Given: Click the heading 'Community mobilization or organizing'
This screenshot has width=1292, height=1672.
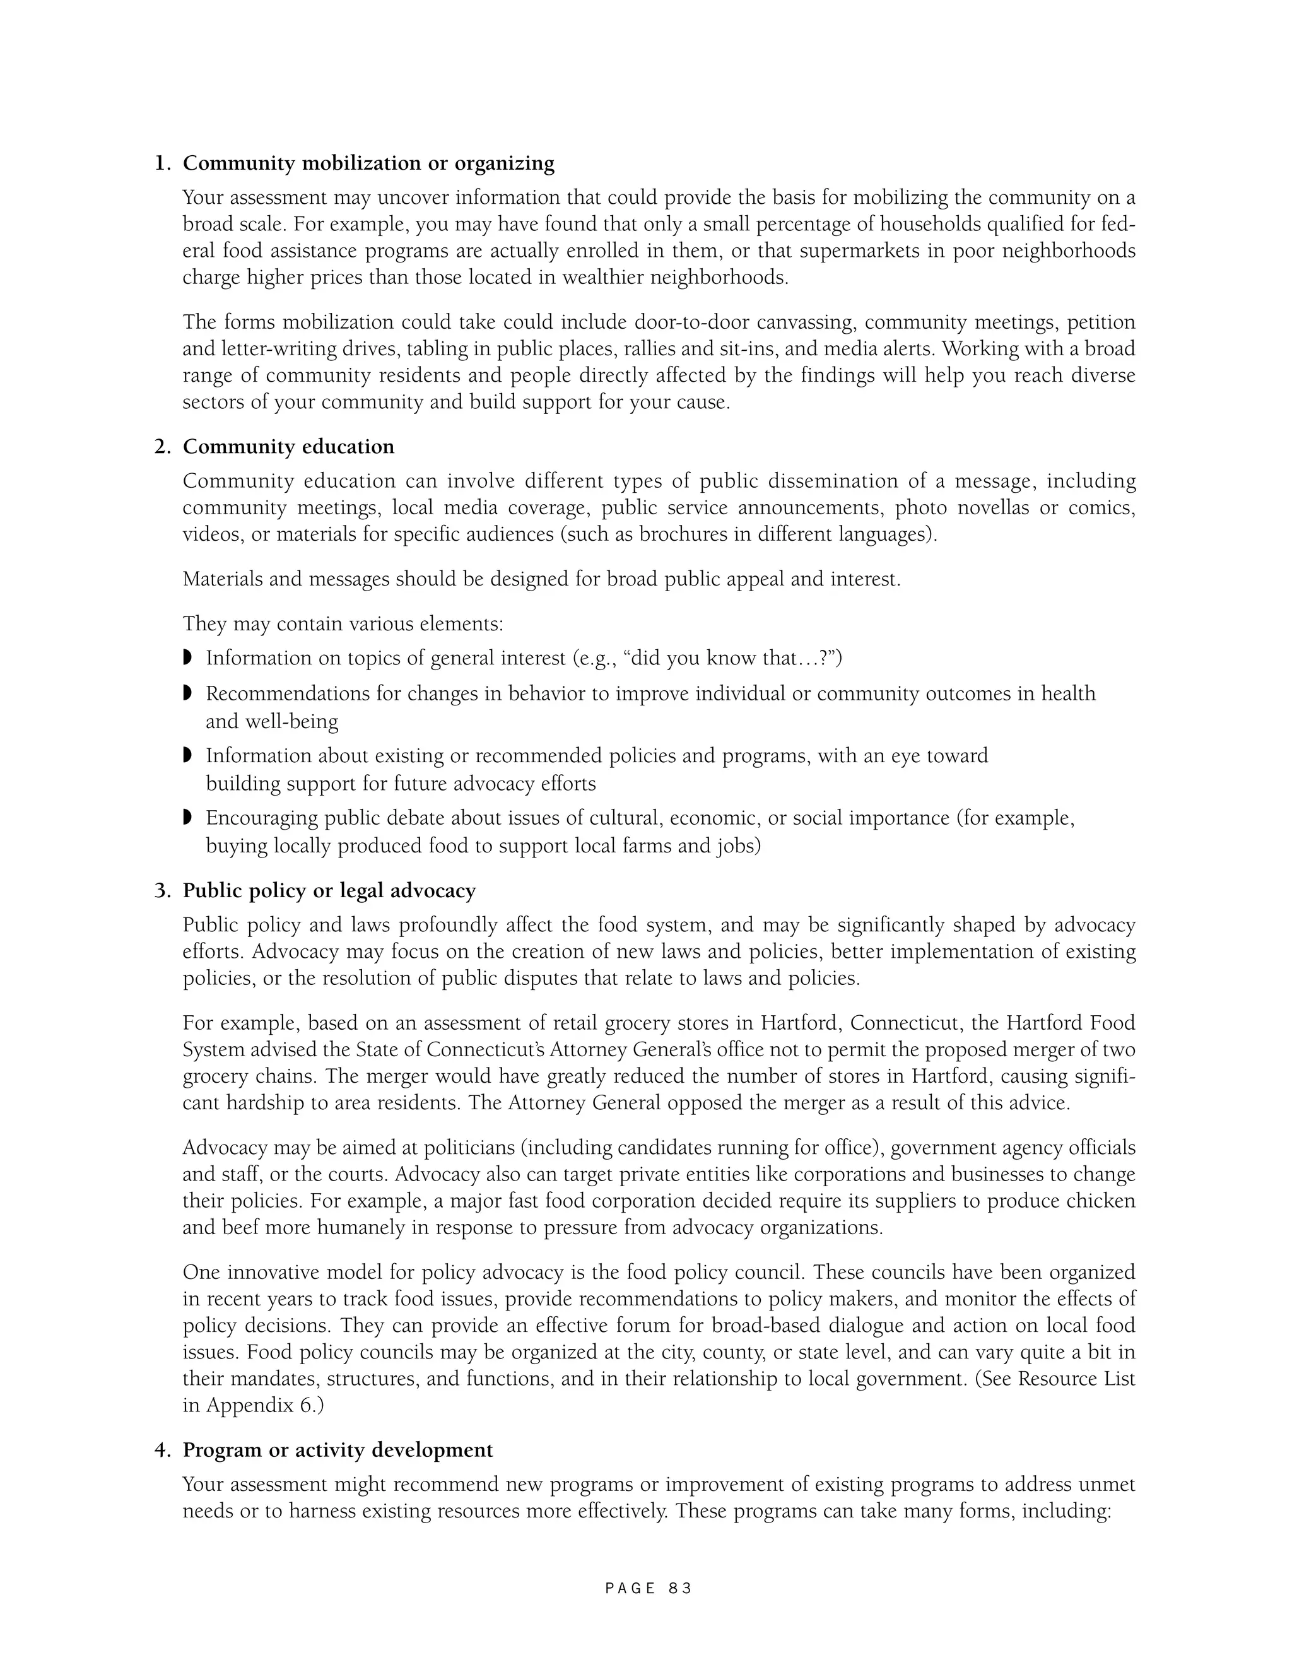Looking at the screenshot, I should tap(368, 163).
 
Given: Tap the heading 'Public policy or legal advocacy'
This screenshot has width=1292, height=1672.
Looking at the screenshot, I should tap(329, 890).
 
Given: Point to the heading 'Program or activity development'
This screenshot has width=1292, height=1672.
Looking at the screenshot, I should tap(338, 1450).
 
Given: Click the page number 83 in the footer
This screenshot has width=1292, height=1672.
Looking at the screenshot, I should tap(679, 1589).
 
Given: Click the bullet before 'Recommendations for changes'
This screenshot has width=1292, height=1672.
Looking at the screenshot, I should tap(187, 693).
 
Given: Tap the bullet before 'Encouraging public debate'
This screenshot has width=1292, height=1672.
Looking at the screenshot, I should tap(187, 818).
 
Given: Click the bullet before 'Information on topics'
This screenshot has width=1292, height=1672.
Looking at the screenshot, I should tap(187, 657).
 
